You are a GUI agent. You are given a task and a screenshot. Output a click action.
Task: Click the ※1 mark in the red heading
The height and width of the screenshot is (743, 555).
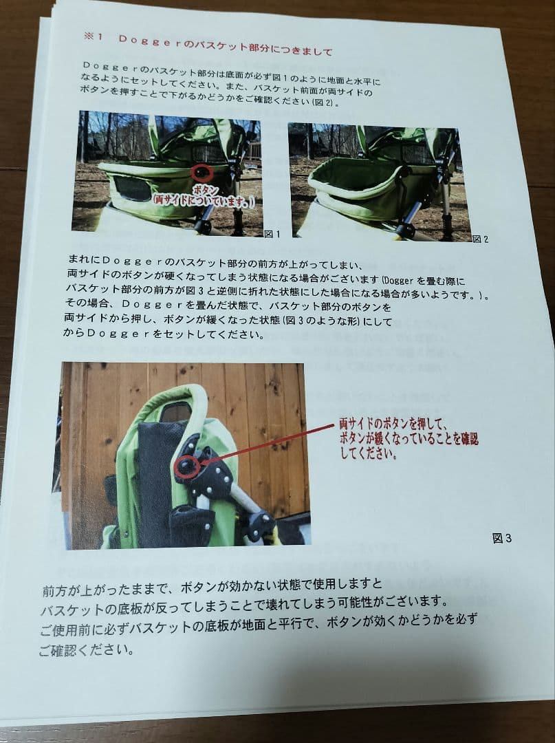[93, 37]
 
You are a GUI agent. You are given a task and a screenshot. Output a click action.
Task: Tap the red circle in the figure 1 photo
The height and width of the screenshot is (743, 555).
[202, 173]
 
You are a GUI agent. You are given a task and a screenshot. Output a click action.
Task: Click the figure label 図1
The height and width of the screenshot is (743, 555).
[273, 234]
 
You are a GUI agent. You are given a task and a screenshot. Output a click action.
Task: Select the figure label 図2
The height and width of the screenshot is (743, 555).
[480, 239]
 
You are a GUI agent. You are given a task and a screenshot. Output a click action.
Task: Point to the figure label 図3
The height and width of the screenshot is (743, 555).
[502, 538]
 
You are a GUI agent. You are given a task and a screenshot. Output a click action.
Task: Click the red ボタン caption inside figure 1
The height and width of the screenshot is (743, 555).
[204, 189]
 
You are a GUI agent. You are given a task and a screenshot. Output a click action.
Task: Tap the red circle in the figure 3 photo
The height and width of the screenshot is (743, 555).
[186, 468]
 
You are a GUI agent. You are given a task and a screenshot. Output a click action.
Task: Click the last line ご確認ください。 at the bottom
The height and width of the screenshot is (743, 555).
[86, 649]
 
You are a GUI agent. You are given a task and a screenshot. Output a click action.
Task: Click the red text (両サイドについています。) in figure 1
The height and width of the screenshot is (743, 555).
[205, 201]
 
